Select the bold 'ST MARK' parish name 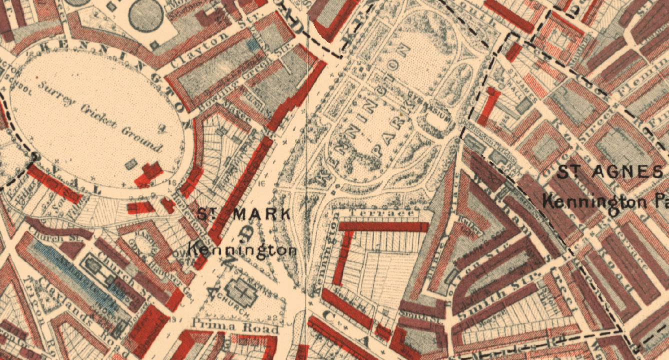click(244, 214)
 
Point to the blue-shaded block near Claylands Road click(75, 273)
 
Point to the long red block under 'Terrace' click(383, 226)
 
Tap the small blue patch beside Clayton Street click(254, 44)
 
